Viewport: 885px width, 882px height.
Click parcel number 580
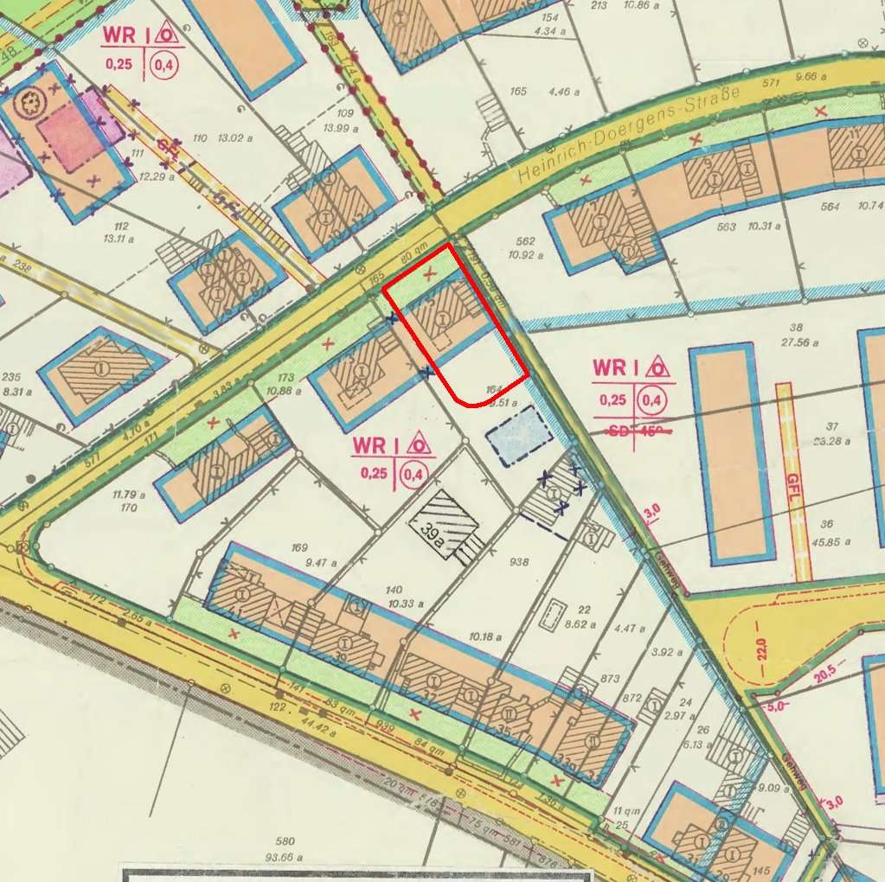[285, 841]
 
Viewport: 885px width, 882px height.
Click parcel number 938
[519, 562]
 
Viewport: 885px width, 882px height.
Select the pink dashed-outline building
[71, 138]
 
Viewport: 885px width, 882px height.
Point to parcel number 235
[11, 377]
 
